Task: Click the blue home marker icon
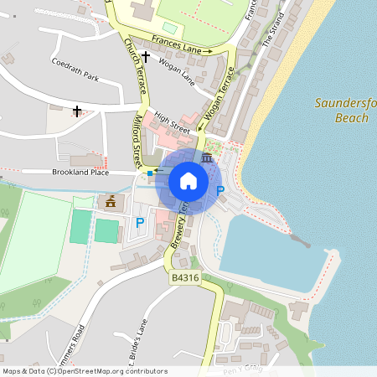188,181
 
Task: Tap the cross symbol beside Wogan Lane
146,57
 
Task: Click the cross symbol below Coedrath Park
77,110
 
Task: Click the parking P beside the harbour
220,191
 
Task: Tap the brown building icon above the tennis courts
109,202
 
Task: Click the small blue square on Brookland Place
150,173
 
